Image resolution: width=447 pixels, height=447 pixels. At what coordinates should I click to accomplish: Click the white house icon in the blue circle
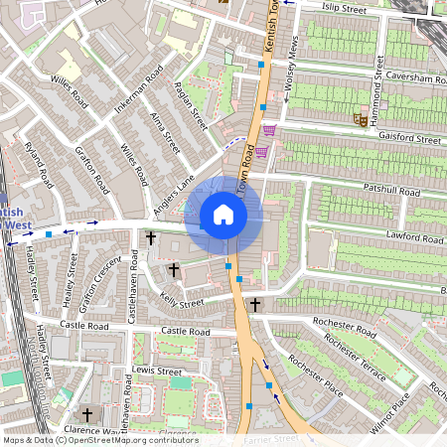223,215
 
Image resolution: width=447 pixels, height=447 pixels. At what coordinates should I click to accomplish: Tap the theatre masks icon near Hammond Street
361,119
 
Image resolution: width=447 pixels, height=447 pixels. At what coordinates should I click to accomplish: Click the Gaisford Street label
406,140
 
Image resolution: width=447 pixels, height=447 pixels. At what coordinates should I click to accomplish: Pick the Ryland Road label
40,167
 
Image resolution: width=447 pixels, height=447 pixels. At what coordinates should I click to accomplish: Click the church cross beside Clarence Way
86,414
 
